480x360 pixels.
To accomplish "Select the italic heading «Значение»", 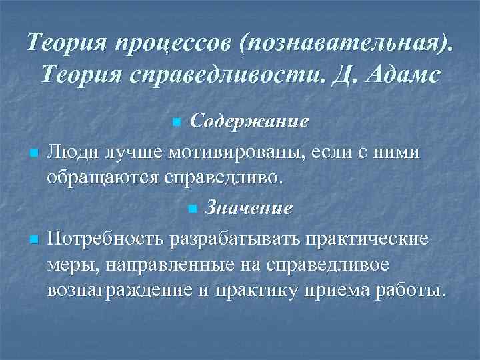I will click(248, 208).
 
